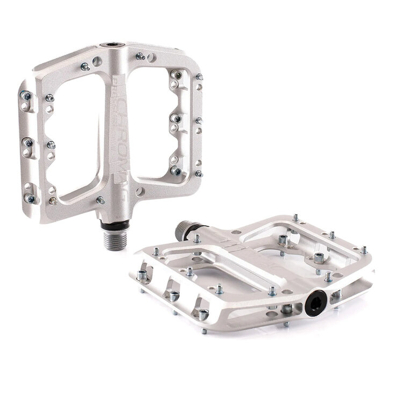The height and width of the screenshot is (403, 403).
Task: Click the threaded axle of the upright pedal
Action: tap(114, 239)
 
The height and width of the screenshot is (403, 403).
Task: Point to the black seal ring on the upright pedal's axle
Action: tap(113, 224)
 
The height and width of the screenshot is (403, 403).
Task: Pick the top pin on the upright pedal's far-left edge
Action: tap(26, 96)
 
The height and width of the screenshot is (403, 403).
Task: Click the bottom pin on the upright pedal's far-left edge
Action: tap(31, 198)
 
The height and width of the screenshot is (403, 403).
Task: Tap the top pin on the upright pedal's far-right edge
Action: tap(199, 77)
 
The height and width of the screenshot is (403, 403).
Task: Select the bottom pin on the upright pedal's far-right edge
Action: tap(199, 173)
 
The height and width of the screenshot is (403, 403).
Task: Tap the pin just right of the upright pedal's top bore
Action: tap(140, 56)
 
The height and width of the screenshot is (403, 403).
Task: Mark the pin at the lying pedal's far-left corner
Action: tap(142, 276)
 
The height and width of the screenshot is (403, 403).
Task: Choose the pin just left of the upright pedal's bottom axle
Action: tap(100, 200)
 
